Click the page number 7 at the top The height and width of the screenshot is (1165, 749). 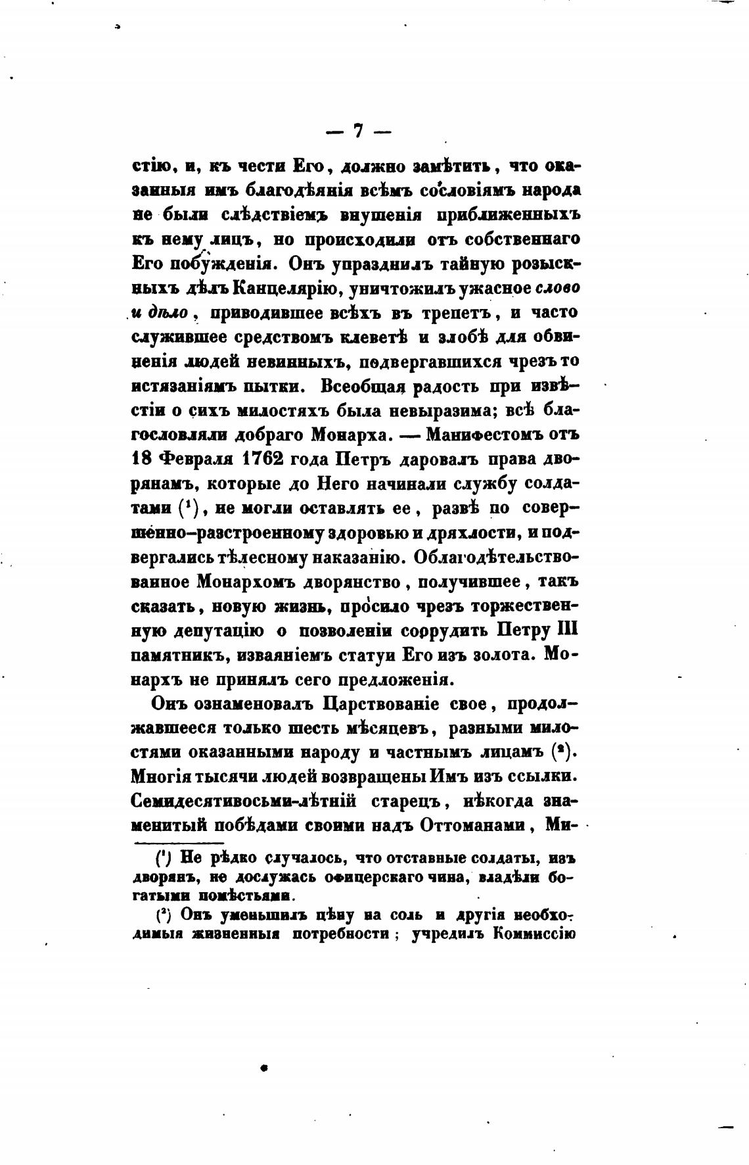coord(358,131)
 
